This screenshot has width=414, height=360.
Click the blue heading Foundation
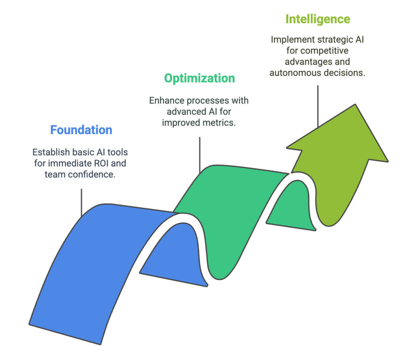tap(81, 130)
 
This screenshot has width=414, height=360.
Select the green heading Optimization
tap(199, 78)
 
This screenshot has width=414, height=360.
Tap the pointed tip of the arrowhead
tap(355, 104)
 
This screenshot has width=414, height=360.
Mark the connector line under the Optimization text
tap(200, 155)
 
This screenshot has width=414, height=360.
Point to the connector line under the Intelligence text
tap(318, 106)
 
